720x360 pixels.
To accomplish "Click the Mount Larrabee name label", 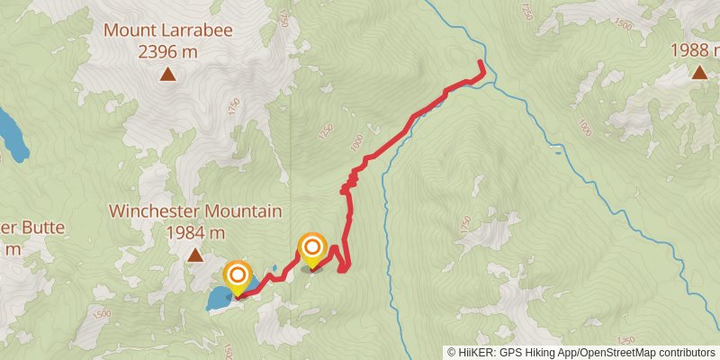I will click(168, 30).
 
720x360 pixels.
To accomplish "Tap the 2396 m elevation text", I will click(168, 51).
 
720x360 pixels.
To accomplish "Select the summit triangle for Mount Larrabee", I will click(168, 75).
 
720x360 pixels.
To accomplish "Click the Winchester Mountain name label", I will click(195, 211).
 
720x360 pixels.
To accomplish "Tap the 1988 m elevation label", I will click(695, 50).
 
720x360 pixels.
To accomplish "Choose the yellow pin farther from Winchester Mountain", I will click(312, 250).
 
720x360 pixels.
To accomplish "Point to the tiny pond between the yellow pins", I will click(273, 268).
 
